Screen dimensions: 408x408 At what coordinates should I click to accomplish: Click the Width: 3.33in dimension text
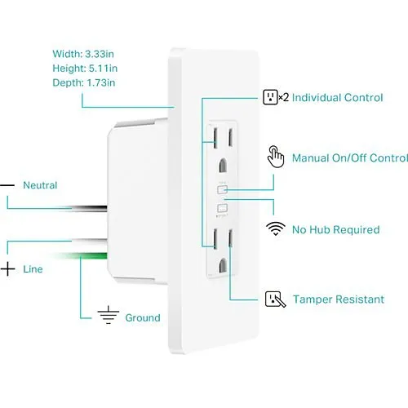tap(83, 54)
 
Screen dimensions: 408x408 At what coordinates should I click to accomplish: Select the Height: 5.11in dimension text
tap(85, 69)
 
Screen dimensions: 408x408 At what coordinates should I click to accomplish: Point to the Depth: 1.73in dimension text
tap(84, 82)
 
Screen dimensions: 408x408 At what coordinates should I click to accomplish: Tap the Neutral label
tap(40, 185)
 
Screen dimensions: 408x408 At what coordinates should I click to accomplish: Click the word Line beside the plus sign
tap(33, 269)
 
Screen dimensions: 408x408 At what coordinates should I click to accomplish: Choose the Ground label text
tap(143, 317)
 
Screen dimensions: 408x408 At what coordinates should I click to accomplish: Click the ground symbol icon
tap(109, 315)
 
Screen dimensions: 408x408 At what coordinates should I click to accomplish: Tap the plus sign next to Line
tap(7, 269)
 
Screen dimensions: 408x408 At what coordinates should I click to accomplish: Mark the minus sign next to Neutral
tap(7, 185)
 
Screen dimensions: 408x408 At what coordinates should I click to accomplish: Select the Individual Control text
tap(337, 98)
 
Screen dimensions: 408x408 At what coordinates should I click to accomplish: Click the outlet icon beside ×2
tap(270, 97)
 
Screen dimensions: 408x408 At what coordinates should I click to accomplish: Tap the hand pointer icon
tap(276, 157)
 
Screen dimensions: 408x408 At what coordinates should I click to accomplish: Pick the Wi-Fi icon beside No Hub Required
tap(276, 228)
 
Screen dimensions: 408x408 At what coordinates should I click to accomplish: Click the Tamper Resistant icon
tap(275, 299)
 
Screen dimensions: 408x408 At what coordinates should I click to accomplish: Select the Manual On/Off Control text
tap(350, 158)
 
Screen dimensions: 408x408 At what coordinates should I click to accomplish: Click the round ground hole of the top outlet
tap(223, 166)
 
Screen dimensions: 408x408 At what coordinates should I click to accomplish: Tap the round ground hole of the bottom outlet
tap(223, 266)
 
